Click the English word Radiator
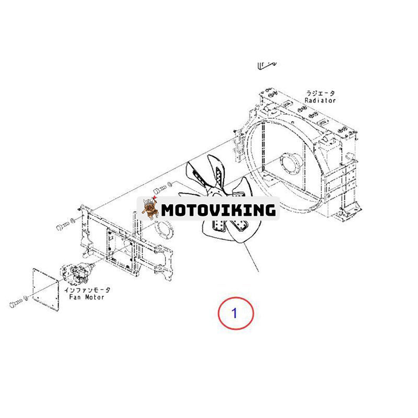coord(320,100)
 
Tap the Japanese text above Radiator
coord(320,94)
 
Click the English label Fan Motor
coord(86,297)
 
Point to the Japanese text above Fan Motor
coord(87,290)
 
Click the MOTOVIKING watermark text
coord(218,210)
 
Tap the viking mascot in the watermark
coord(149,208)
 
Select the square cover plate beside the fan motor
coord(45,289)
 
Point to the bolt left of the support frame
coord(63,227)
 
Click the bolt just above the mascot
coord(160,190)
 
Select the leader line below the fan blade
coord(251,257)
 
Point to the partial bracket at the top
coord(267,65)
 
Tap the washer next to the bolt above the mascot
coord(169,184)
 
